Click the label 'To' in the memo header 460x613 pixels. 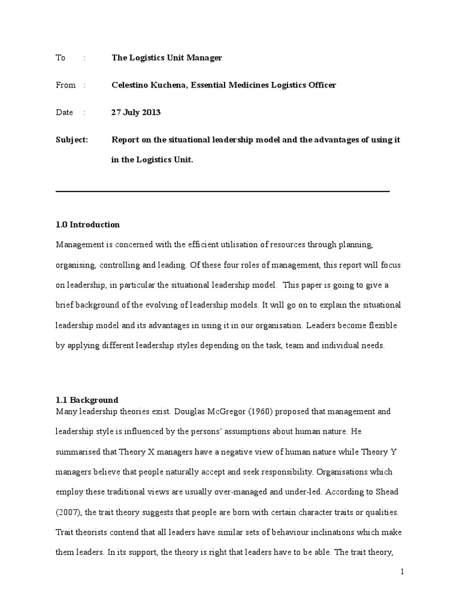[60, 58]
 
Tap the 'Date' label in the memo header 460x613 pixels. [64, 112]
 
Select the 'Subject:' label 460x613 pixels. [71, 139]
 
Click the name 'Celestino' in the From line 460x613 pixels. [130, 85]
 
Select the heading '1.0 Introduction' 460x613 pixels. [87, 224]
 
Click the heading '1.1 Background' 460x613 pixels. [87, 400]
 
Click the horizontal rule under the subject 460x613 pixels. [222, 192]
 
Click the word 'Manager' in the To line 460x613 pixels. [204, 58]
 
